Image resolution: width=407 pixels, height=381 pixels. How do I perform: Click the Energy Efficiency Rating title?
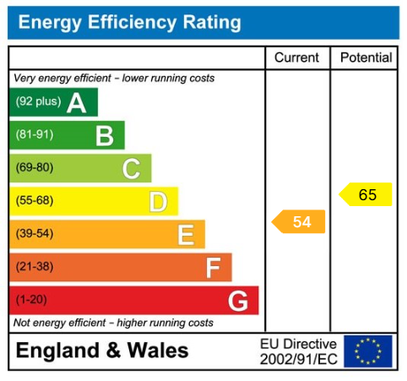point(129,23)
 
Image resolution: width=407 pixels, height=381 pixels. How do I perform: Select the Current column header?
point(297,57)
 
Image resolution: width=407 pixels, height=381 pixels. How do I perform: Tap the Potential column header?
point(366,57)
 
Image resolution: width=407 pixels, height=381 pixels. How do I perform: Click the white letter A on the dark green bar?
point(77,103)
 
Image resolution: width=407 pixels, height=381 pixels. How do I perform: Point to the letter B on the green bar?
point(104,135)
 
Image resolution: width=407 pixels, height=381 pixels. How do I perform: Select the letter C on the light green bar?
point(131,168)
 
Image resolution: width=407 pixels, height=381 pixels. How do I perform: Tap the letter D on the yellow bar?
point(158,201)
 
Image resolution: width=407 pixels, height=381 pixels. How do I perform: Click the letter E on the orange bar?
point(186,234)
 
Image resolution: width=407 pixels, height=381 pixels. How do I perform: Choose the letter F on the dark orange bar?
point(213,268)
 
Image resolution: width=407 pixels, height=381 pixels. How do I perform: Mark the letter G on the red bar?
point(238,301)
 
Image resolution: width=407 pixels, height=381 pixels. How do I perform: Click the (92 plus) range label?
point(38,103)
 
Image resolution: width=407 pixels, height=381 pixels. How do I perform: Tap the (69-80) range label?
point(34,167)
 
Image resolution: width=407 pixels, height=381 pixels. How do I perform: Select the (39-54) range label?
point(34,233)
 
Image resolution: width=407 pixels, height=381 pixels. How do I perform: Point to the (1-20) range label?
point(31,300)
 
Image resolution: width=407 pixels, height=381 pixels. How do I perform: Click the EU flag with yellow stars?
point(368,351)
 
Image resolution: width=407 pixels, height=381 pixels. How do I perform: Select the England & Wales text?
point(102,351)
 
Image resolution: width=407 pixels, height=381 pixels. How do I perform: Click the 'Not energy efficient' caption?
point(113,323)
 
